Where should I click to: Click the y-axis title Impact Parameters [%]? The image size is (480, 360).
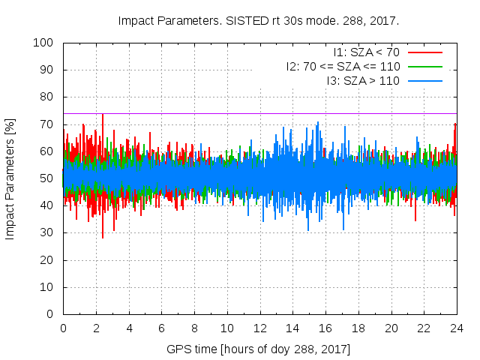tap(10, 178)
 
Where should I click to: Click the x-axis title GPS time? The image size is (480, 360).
tap(259, 349)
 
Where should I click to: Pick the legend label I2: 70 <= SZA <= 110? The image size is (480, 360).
tap(343, 66)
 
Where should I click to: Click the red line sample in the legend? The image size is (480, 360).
tap(425, 52)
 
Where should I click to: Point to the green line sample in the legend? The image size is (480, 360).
tap(425, 66)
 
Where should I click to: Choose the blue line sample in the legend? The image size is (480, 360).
tap(425, 80)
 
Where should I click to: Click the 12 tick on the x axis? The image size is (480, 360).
tap(260, 328)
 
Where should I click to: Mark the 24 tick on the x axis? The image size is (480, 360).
tap(457, 328)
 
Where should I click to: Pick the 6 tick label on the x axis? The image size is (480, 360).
tap(162, 328)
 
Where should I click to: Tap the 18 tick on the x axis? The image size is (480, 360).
tap(358, 328)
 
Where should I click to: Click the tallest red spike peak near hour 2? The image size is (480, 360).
tap(103, 114)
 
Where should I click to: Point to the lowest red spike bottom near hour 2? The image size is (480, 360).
tap(103, 238)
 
